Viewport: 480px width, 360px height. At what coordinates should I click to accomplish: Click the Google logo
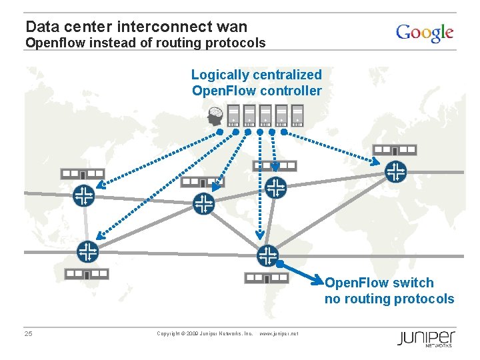click(425, 33)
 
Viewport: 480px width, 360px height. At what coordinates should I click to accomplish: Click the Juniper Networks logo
click(426, 338)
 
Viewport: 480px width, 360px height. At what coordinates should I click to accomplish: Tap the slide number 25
click(28, 333)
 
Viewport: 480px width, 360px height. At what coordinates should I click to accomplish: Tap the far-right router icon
click(396, 172)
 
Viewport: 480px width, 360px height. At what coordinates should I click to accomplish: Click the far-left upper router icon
click(83, 195)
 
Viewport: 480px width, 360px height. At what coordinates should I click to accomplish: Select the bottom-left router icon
click(87, 252)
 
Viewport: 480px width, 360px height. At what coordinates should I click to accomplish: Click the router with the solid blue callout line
click(267, 255)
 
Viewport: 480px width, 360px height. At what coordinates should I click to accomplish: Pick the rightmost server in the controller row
click(297, 115)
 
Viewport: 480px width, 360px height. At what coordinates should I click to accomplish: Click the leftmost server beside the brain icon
click(233, 115)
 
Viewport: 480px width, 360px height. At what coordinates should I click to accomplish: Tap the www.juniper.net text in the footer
click(278, 333)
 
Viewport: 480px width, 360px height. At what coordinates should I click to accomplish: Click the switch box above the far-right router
click(394, 151)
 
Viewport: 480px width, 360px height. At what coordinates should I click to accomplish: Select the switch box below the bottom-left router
click(86, 274)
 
